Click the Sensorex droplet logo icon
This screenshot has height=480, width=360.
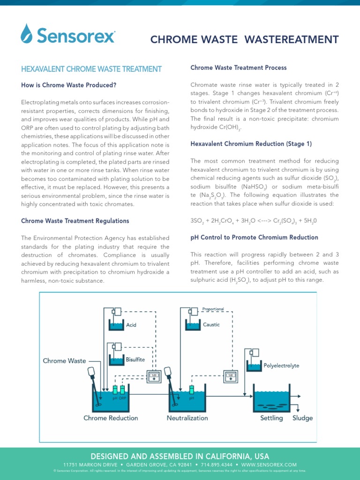point(26,34)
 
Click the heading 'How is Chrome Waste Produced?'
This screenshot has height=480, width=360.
point(68,85)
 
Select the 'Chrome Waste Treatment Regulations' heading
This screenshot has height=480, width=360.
point(75,221)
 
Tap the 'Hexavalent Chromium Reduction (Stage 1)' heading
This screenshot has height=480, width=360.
point(251,144)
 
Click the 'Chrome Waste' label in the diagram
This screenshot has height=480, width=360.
point(64,361)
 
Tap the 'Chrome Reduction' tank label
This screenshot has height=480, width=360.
point(111,418)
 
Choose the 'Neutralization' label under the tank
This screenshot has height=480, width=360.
point(187,418)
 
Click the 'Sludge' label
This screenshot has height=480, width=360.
point(302,418)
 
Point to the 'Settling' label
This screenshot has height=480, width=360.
point(271,418)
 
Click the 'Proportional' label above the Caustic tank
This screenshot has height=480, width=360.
point(213,309)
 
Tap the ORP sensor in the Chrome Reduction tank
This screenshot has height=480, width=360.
point(123,390)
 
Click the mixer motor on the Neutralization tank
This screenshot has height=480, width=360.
point(170,373)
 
